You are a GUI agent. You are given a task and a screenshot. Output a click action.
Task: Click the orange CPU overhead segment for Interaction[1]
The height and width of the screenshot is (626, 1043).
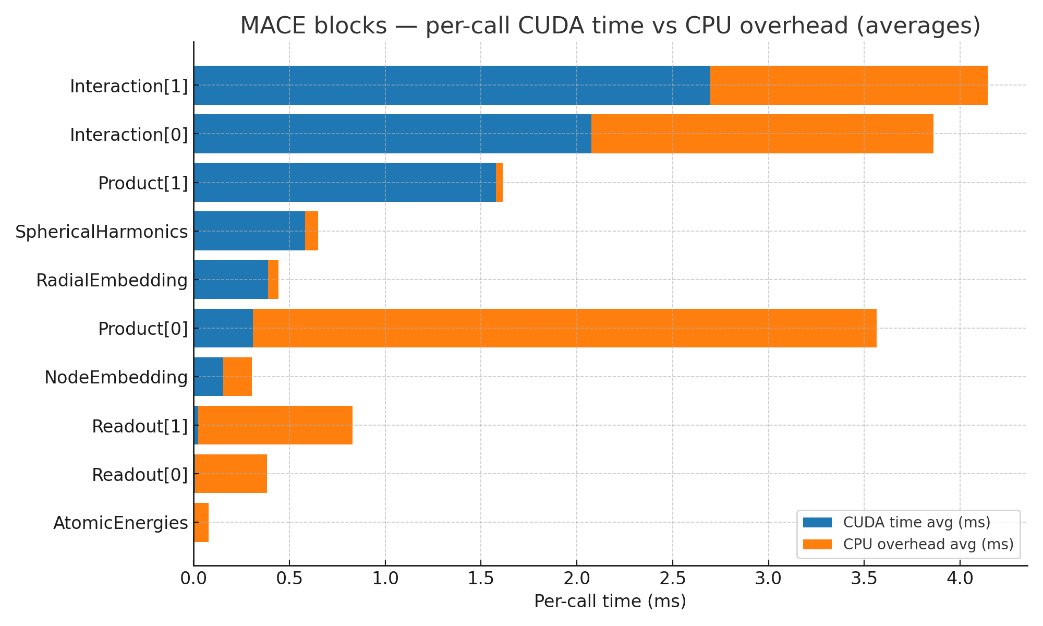point(848,85)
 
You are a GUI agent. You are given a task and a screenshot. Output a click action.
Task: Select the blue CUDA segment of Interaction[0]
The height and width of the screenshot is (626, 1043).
point(392,134)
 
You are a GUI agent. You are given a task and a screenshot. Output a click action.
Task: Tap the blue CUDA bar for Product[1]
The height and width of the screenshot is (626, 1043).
point(344,182)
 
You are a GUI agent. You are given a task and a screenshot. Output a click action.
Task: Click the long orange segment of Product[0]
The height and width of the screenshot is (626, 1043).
point(564,328)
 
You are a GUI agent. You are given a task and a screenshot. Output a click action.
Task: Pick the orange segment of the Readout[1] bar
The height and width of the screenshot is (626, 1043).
point(275,425)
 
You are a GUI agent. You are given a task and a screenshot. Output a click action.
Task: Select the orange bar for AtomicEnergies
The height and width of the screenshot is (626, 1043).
point(201,522)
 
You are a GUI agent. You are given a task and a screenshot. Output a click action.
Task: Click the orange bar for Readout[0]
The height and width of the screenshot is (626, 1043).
point(231,474)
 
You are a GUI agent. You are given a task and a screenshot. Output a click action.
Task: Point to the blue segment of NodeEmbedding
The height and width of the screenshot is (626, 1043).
point(208,377)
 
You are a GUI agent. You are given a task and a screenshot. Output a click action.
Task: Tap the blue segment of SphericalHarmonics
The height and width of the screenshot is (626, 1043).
point(249,231)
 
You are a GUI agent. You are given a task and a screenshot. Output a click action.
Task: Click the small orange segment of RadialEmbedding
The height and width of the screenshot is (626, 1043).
point(273,280)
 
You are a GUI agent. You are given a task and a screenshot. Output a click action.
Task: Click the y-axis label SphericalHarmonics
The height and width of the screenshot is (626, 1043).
point(101,232)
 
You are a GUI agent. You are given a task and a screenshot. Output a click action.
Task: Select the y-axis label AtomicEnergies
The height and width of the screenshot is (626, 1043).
point(120,523)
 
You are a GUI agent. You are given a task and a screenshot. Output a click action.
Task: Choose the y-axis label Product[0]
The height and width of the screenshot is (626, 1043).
point(143,329)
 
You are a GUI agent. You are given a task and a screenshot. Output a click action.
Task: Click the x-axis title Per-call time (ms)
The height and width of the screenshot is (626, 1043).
point(610,601)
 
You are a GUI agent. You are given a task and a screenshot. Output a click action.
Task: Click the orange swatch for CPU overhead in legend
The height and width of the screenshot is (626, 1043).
point(817,544)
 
